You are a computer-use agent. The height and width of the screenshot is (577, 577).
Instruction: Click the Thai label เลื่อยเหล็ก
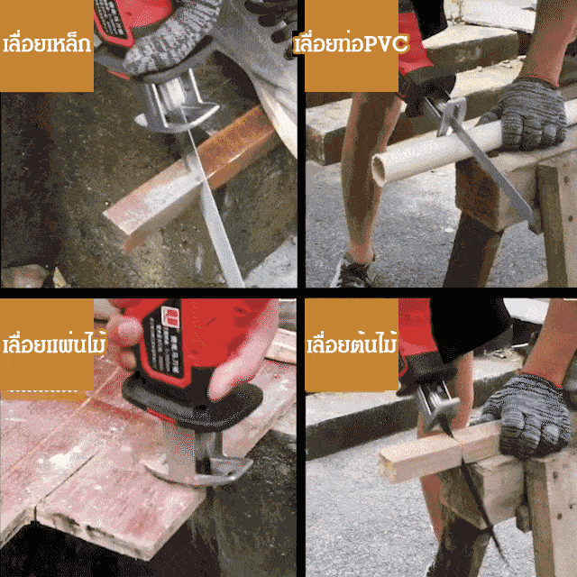pyautogui.click(x=47, y=44)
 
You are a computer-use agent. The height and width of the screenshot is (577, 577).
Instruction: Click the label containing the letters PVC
pyautogui.click(x=352, y=44)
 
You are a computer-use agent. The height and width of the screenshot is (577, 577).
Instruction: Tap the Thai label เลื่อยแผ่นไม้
pyautogui.click(x=54, y=343)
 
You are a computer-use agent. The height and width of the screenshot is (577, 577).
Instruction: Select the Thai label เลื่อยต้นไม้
pyautogui.click(x=353, y=343)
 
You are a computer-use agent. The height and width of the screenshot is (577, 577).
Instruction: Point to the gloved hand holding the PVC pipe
pyautogui.click(x=530, y=114)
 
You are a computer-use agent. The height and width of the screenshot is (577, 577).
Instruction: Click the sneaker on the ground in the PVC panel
pyautogui.click(x=353, y=270)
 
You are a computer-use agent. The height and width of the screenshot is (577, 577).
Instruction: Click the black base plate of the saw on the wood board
pyautogui.click(x=191, y=405)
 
